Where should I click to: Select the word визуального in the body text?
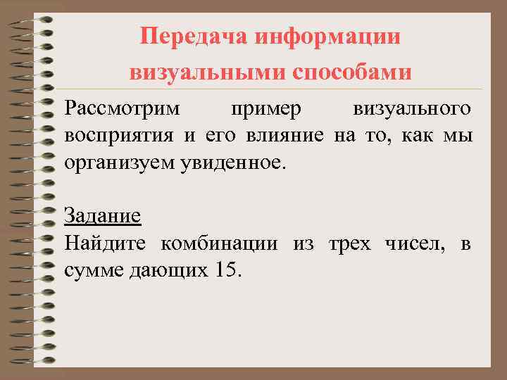tap(412, 110)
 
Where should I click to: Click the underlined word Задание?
tap(102, 216)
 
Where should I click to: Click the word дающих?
tap(166, 270)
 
